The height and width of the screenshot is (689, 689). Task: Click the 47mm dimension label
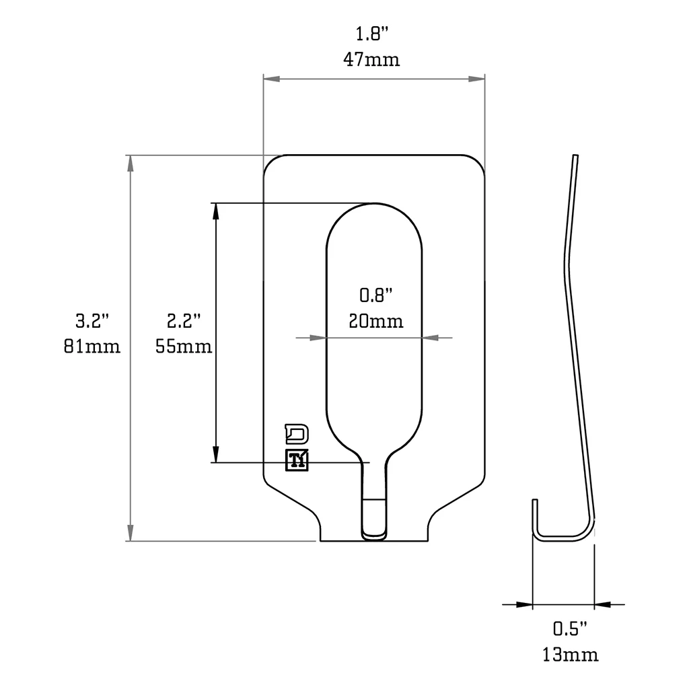point(372,59)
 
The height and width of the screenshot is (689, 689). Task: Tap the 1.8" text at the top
point(372,34)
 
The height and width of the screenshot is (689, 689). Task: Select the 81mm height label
point(92,347)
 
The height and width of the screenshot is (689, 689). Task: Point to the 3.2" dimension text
point(92,321)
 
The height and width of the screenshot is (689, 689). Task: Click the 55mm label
point(184,347)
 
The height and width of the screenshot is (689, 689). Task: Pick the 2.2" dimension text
point(184,321)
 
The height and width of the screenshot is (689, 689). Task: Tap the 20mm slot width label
point(376,321)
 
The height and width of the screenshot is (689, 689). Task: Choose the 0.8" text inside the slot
point(375,295)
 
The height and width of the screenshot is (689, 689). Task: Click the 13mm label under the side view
point(571,654)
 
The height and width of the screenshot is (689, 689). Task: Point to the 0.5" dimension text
point(570,628)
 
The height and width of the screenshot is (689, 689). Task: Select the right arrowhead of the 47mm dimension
point(477,79)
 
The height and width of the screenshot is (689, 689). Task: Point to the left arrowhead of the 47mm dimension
point(271,79)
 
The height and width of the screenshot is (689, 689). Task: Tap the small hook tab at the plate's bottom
point(375,519)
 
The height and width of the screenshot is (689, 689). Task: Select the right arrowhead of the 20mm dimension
point(431,337)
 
